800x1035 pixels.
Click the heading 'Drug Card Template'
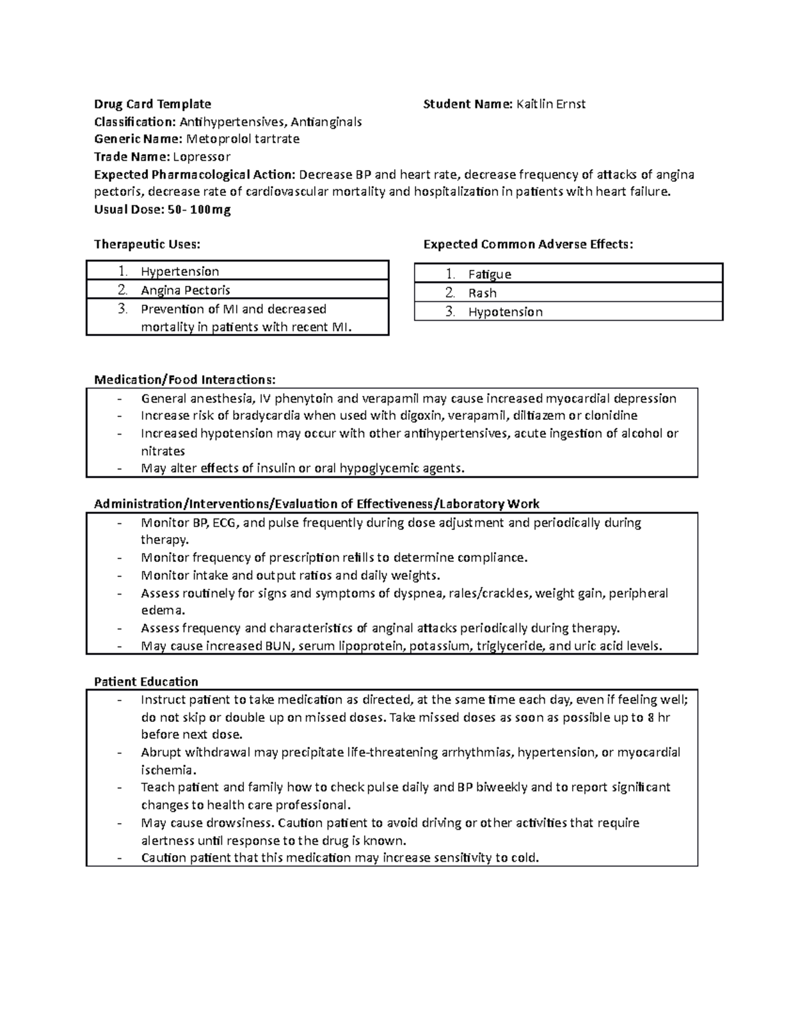153,104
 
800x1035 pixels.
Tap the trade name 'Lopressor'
202,157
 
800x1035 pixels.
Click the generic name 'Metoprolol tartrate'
243,139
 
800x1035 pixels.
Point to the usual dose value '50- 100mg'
199,210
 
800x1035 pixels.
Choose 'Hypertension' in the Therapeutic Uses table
180,271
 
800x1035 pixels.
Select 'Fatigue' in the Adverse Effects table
489,274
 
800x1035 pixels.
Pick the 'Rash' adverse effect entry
482,293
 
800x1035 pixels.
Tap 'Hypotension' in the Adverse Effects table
505,312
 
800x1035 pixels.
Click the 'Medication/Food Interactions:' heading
185,380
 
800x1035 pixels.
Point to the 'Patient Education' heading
146,682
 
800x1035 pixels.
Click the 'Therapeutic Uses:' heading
147,245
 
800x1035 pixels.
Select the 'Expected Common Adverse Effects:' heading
528,245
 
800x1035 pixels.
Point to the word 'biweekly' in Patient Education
501,787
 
